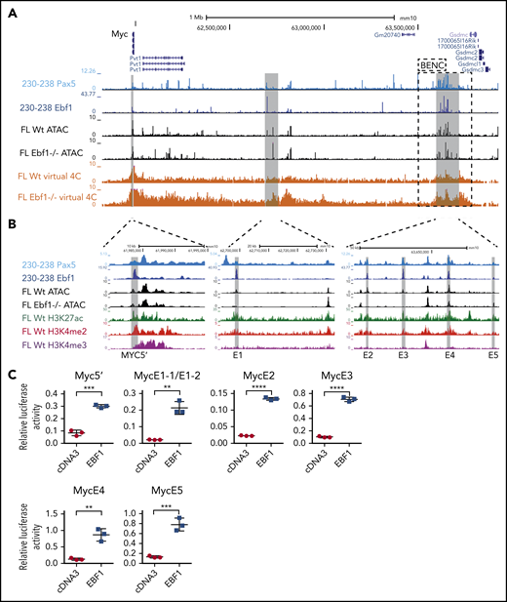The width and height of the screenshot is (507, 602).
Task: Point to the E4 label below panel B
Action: pos(449,357)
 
